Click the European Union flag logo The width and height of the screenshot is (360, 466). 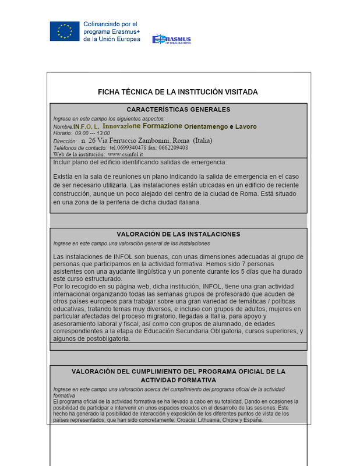65,31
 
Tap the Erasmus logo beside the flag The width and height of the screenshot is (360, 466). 171,40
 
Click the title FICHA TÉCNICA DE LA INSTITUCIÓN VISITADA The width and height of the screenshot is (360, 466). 178,92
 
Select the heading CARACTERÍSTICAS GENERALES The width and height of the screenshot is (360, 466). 178,110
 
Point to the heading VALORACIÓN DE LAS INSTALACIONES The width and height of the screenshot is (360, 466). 178,234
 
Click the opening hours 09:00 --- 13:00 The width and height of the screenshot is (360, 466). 93,133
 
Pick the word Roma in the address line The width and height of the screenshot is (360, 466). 181,141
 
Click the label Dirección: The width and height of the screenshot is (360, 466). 65,141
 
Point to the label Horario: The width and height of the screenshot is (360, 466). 63,133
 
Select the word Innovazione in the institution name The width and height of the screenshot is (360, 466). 127,126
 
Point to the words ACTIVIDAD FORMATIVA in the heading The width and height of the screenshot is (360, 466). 178,380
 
